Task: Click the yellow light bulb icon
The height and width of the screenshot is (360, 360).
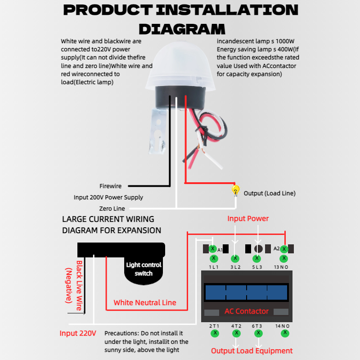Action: pyautogui.click(x=235, y=191)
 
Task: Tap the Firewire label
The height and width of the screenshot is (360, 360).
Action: pyautogui.click(x=110, y=186)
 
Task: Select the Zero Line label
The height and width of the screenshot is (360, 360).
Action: pyautogui.click(x=112, y=208)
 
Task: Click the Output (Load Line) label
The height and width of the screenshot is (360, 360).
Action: pyautogui.click(x=270, y=193)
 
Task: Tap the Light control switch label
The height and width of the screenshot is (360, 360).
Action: pyautogui.click(x=144, y=269)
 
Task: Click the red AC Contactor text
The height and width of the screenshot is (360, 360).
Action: pyautogui.click(x=247, y=311)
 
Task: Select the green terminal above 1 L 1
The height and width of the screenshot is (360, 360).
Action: pyautogui.click(x=214, y=258)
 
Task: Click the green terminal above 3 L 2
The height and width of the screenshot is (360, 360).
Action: pyautogui.click(x=235, y=258)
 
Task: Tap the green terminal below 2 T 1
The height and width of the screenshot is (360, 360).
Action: pyautogui.click(x=215, y=333)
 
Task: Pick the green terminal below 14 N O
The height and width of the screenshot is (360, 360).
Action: pyautogui.click(x=285, y=333)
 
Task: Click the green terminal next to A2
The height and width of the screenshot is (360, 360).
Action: pyautogui.click(x=284, y=249)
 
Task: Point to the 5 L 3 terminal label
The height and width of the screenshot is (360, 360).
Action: pyautogui.click(x=257, y=267)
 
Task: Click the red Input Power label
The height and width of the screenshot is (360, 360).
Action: pyautogui.click(x=248, y=219)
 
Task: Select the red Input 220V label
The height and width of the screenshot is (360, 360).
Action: pyautogui.click(x=78, y=333)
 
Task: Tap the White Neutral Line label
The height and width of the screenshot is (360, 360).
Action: pyautogui.click(x=145, y=302)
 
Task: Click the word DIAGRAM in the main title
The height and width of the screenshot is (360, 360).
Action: pyautogui.click(x=182, y=29)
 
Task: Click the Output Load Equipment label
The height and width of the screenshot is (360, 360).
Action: pyautogui.click(x=252, y=351)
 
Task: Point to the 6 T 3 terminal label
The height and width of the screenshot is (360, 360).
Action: pyautogui.click(x=257, y=326)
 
